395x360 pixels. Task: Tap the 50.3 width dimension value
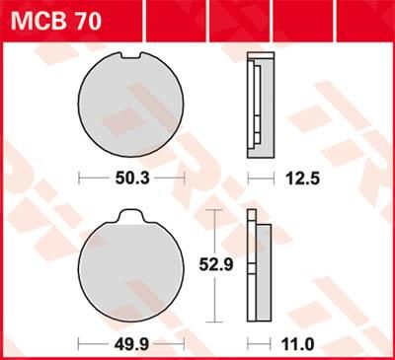pyautogui.click(x=131, y=179)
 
